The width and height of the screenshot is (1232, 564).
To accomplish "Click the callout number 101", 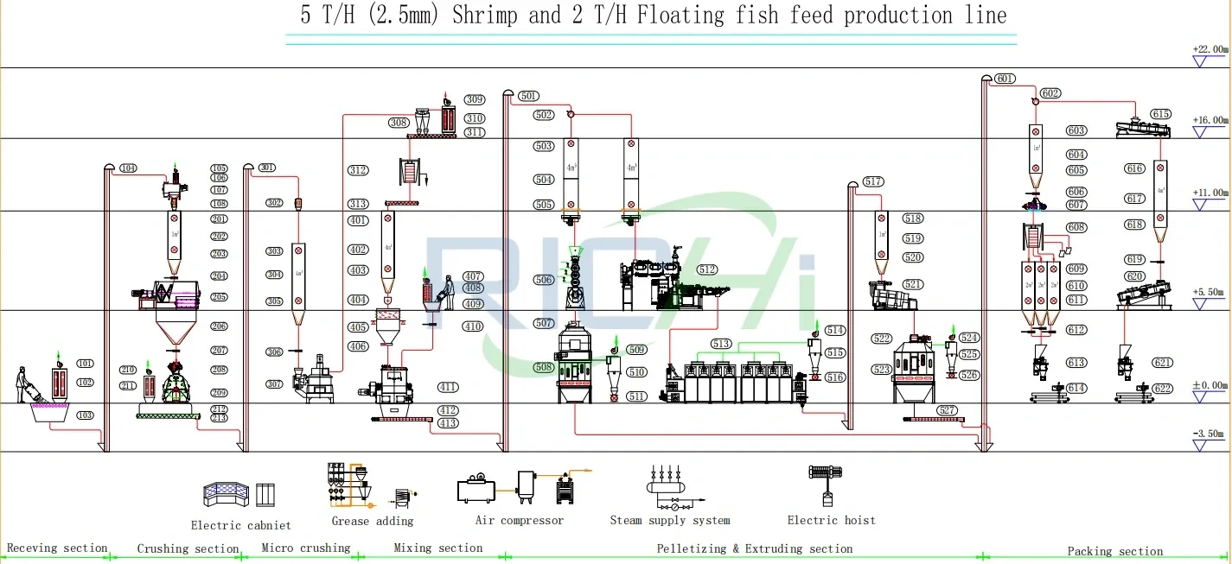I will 85,364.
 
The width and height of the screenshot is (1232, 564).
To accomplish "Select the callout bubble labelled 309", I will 475,100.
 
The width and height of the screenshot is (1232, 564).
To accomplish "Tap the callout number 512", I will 707,270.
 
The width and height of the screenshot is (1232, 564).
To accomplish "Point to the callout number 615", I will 1159,114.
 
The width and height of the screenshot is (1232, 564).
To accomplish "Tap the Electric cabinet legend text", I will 240,525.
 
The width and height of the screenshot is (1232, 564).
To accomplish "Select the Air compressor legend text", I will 519,521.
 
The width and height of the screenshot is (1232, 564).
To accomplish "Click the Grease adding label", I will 372,521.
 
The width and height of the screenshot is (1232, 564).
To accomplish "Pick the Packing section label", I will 1114,551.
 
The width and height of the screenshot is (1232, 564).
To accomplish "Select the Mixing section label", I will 437,548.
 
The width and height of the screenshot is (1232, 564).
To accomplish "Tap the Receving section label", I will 57,548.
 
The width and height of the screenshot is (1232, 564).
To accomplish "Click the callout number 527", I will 947,410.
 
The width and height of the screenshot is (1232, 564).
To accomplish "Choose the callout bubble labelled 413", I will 448,423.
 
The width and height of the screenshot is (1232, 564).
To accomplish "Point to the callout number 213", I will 219,418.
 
